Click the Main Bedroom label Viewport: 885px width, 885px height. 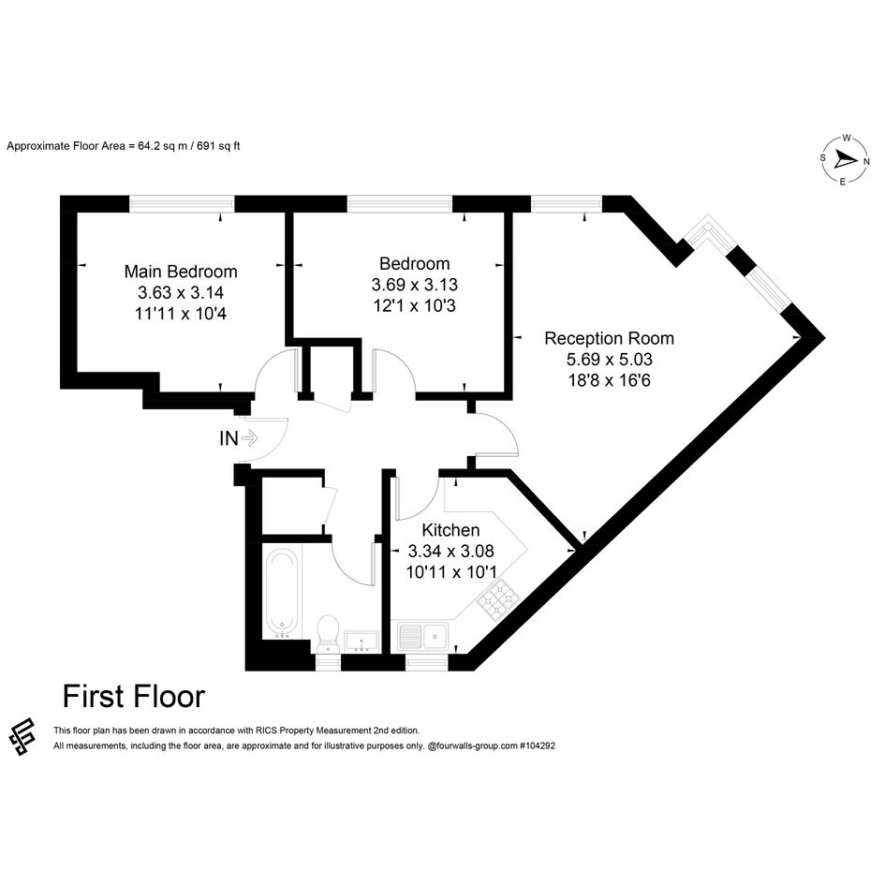[x=181, y=272]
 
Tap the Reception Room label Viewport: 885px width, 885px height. [x=609, y=338]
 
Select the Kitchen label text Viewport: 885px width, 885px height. [x=451, y=530]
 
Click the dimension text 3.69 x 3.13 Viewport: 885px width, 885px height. [x=414, y=285]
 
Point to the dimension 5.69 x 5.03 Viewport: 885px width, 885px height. [x=609, y=359]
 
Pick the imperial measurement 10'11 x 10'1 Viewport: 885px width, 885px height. [x=451, y=572]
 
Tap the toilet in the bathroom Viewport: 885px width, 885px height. [x=328, y=633]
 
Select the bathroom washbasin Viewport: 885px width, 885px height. [x=361, y=642]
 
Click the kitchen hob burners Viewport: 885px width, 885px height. [x=498, y=600]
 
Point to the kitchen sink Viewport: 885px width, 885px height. [x=422, y=637]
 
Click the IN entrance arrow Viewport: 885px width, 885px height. [x=250, y=437]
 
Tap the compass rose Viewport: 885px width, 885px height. [x=844, y=160]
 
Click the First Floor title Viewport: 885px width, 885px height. [x=134, y=697]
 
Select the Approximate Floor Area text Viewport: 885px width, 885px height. [x=123, y=146]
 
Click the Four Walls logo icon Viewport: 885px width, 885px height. [x=22, y=736]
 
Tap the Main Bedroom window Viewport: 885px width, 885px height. [x=182, y=203]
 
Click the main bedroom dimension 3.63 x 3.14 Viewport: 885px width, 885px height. [x=181, y=292]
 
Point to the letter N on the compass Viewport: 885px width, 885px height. [x=866, y=161]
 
